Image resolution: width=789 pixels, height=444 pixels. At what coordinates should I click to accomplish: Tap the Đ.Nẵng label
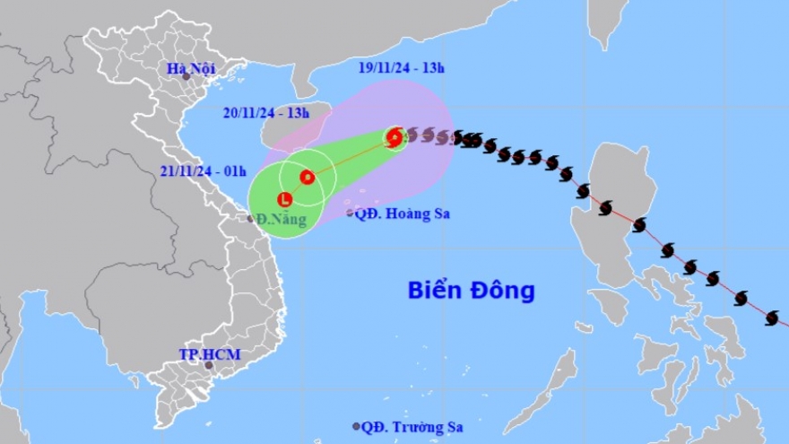[x=282, y=219]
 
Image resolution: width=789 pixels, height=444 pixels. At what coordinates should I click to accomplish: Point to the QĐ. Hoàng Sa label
[x=402, y=213]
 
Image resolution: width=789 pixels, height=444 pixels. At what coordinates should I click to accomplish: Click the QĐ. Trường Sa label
[x=408, y=426]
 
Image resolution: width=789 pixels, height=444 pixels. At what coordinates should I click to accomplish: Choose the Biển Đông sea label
[x=471, y=290]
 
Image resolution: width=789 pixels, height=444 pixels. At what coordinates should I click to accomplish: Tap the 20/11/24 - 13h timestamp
[x=267, y=112]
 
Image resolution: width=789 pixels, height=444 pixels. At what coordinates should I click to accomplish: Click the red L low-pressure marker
[x=285, y=199]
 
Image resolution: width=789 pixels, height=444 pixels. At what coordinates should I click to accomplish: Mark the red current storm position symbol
[x=394, y=137]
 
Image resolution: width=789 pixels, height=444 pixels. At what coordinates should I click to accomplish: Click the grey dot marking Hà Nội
[x=186, y=76]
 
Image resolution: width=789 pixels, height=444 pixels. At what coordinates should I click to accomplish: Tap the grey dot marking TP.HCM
[x=209, y=365]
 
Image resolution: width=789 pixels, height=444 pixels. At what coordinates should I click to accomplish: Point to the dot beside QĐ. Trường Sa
[x=357, y=426]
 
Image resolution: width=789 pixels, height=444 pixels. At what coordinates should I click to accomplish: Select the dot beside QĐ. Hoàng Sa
[x=350, y=213]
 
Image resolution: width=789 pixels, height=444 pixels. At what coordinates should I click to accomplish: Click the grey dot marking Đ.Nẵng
[x=251, y=218]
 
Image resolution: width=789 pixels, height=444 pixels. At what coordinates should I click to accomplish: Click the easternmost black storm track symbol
[x=772, y=318]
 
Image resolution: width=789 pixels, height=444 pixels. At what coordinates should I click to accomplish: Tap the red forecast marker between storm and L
[x=307, y=178]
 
